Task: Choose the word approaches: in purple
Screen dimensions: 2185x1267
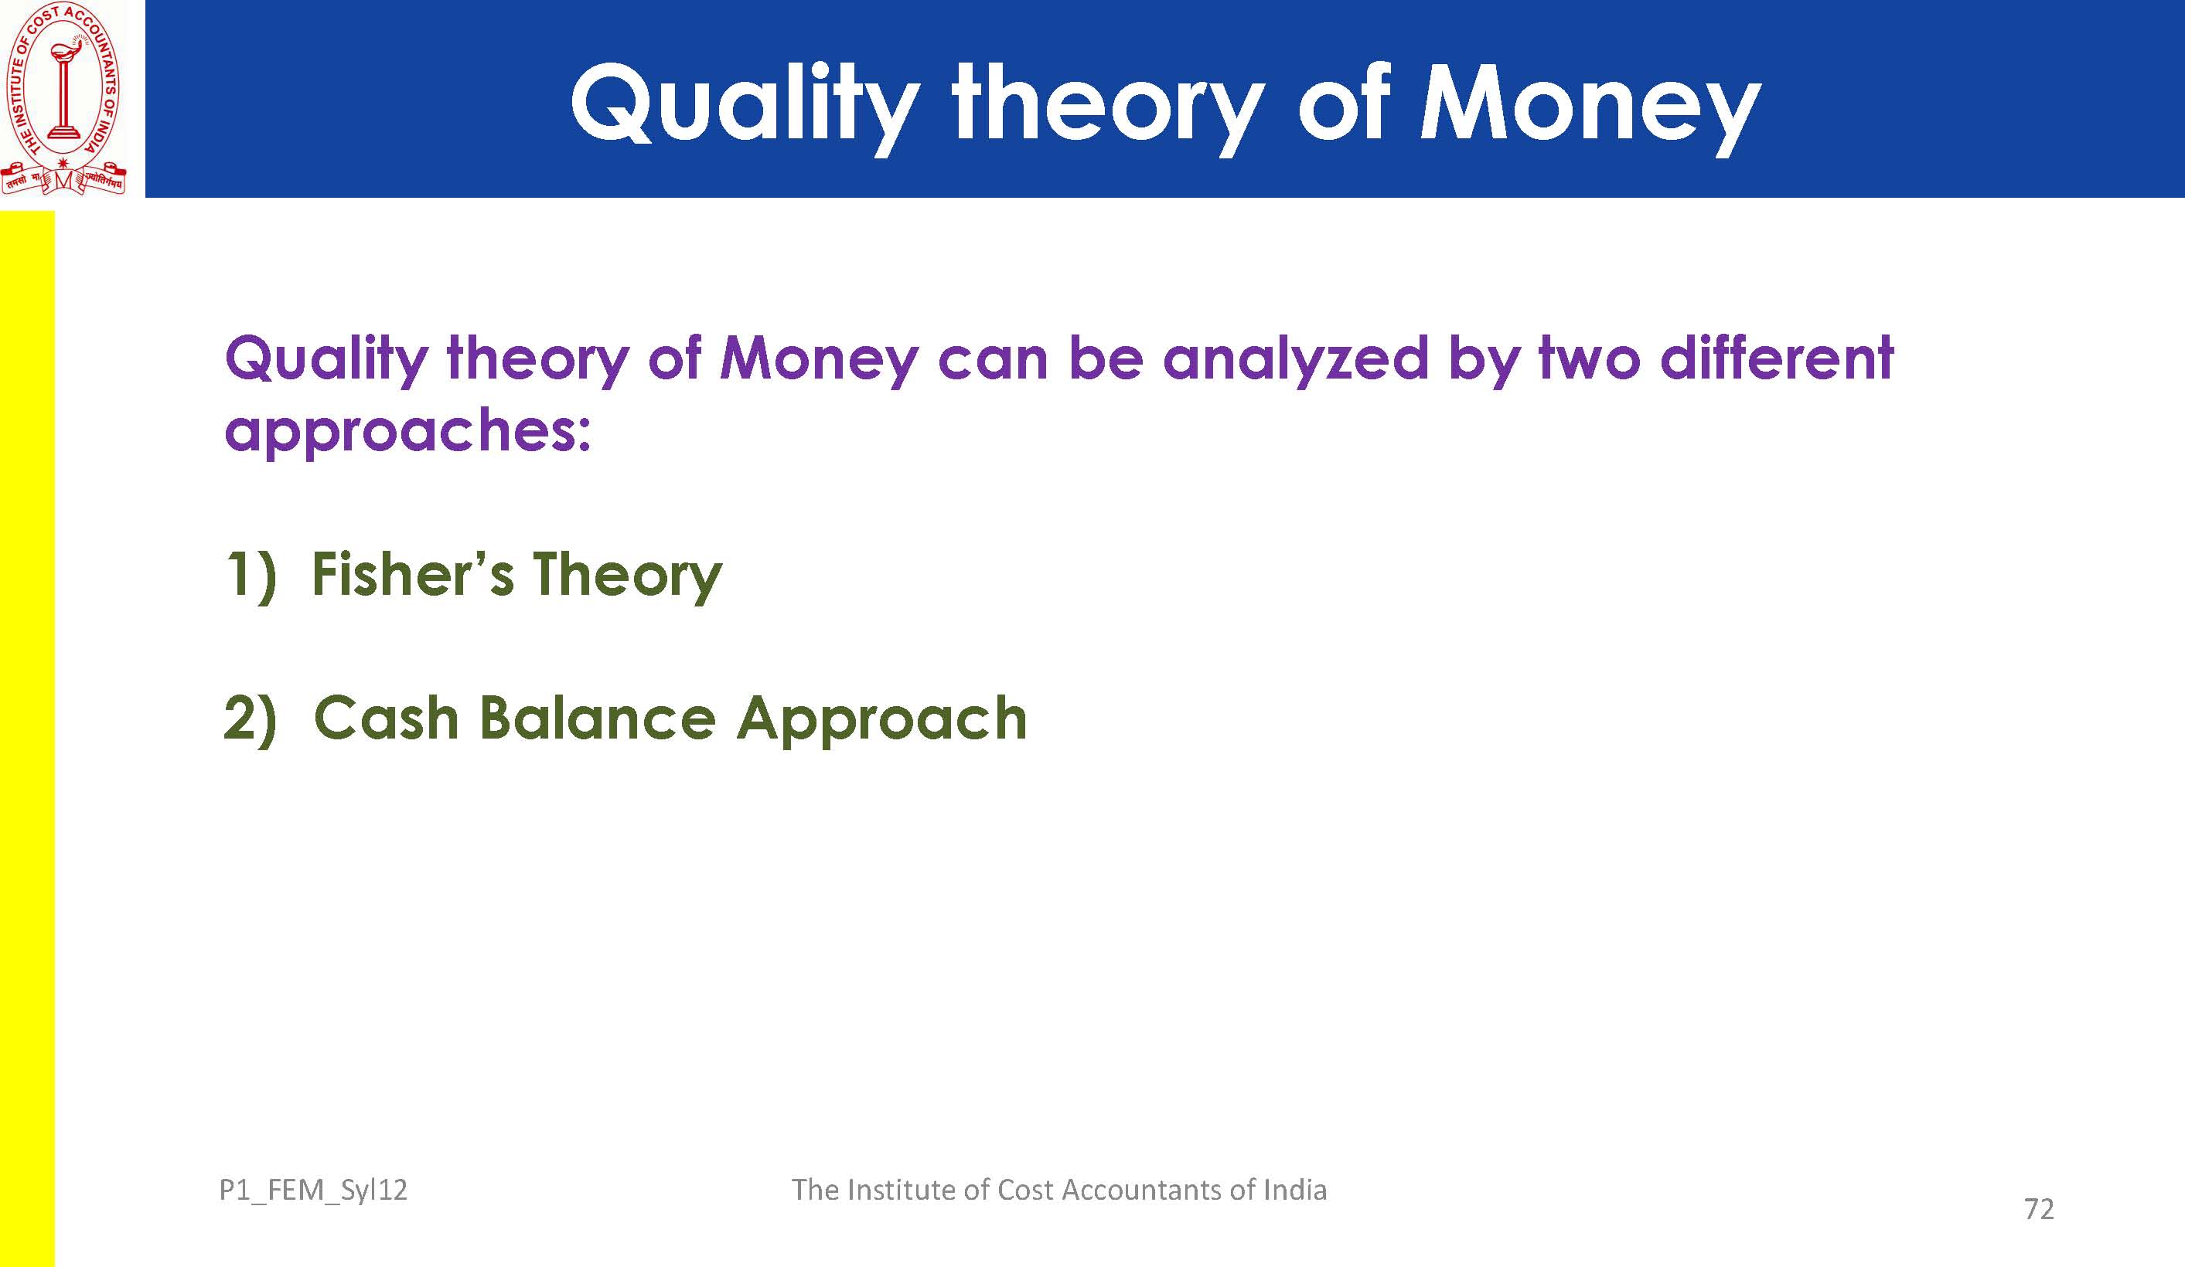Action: point(407,431)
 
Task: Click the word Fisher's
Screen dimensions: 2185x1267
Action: point(412,574)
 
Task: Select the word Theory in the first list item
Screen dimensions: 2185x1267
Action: point(627,576)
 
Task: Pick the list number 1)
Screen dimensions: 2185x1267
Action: point(250,575)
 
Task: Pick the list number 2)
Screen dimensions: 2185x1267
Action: point(250,718)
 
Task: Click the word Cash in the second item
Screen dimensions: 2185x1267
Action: point(386,718)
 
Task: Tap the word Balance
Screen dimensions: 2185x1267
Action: point(598,718)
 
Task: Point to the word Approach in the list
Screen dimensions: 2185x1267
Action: point(881,720)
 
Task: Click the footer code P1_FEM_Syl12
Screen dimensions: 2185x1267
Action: point(313,1190)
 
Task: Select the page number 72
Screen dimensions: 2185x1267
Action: point(2040,1209)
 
